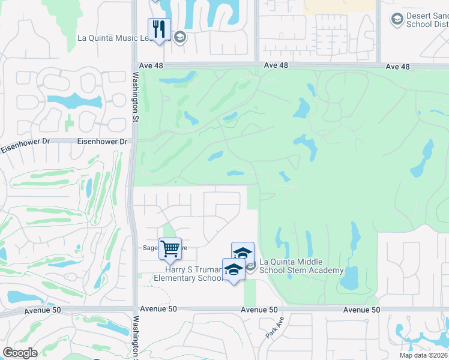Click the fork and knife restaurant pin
(x=159, y=29)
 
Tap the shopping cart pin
(x=170, y=248)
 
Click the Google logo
(x=20, y=353)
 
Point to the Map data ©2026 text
(x=423, y=355)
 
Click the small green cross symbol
(x=70, y=122)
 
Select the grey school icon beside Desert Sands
(x=396, y=20)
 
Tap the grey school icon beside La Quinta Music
(x=179, y=37)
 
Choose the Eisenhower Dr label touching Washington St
(x=103, y=142)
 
